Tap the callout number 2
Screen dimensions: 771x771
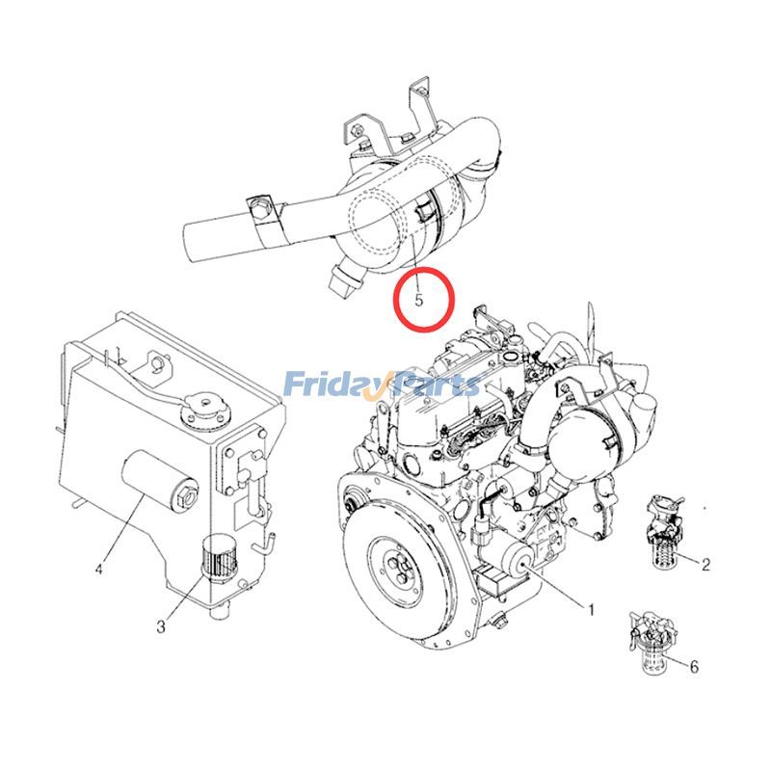[705, 565]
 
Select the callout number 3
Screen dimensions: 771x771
[161, 627]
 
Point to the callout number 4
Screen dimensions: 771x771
[98, 569]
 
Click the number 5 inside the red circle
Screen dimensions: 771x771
[419, 300]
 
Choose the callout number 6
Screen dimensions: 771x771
[694, 666]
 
